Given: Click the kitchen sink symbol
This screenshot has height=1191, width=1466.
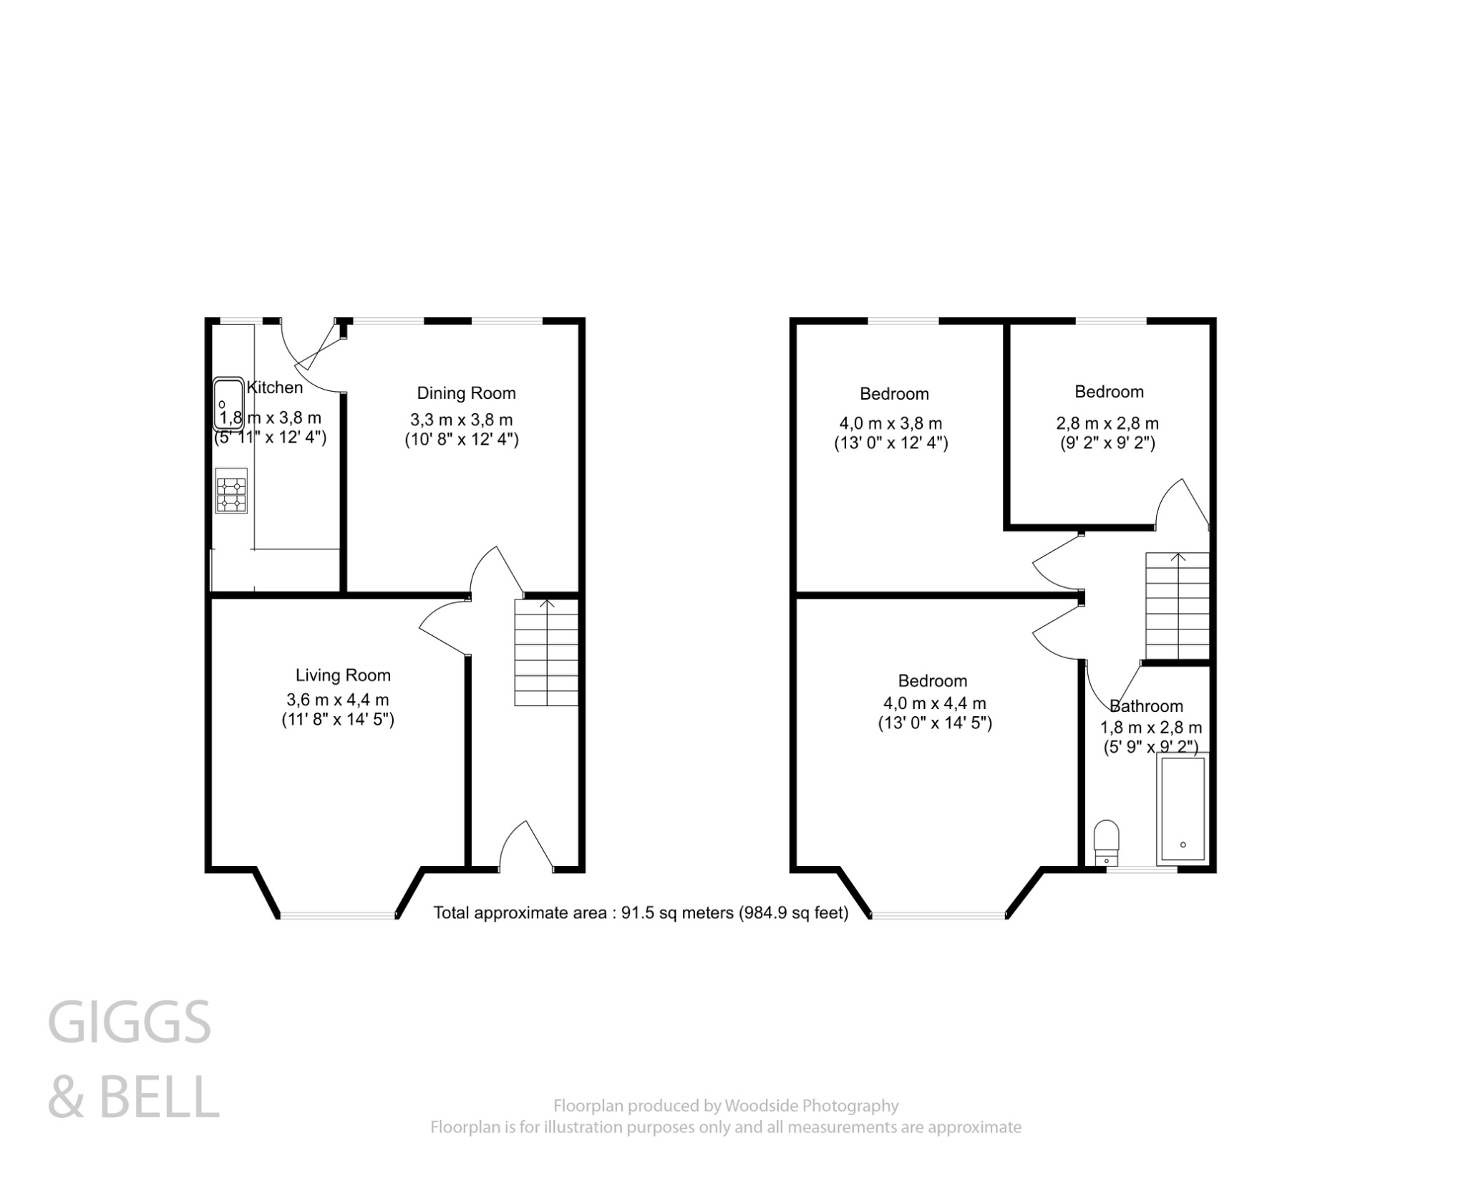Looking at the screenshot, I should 228,403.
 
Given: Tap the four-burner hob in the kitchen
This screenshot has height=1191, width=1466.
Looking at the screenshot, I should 231,491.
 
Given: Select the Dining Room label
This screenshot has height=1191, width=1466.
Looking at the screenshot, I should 466,393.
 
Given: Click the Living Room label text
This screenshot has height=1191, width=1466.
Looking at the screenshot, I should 343,675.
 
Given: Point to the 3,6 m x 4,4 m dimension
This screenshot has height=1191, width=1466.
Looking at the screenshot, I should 337,699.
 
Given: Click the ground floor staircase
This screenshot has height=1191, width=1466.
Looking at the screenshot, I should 546,652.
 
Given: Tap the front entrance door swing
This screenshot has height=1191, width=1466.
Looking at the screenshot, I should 526,845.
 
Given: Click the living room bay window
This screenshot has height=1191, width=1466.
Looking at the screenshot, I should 337,915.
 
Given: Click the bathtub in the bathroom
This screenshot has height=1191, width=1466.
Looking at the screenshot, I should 1183,809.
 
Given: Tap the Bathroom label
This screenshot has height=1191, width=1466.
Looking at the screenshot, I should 1146,706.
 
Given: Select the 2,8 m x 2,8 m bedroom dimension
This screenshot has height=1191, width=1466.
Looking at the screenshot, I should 1107,423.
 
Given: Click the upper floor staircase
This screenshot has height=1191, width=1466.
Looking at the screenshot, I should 1177,606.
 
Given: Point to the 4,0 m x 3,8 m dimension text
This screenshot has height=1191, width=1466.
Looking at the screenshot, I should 890,423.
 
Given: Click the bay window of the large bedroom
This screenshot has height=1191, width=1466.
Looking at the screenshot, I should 938,915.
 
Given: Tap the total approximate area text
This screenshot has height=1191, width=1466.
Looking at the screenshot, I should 641,913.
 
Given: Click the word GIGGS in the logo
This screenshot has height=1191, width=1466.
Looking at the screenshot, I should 130,1023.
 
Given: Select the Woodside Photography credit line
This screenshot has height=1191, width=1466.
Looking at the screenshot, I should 726,1106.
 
